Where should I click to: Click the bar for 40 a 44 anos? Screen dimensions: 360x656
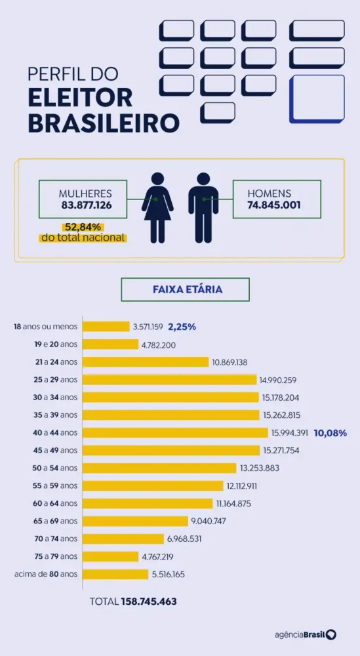[175, 432]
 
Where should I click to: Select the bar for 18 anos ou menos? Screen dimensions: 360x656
[106, 326]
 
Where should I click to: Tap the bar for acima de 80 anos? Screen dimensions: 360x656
[115, 574]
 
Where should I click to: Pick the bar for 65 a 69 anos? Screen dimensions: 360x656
[136, 522]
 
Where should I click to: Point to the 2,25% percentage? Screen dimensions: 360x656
[182, 327]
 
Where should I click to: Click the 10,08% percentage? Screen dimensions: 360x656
[330, 433]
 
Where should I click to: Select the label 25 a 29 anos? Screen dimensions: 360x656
[55, 379]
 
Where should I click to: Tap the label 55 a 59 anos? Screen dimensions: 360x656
[55, 485]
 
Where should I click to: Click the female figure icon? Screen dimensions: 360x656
[157, 208]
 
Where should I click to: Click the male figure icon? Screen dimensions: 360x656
[204, 208]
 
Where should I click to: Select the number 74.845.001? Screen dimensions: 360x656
[274, 205]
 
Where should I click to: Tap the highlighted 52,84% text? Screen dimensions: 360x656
[83, 228]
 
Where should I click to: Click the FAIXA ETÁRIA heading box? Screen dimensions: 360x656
[185, 289]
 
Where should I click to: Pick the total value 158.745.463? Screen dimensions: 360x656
[150, 602]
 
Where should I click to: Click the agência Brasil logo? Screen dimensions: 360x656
[306, 634]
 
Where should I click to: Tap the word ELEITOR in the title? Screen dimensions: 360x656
[80, 98]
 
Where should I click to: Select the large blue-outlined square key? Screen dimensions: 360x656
[317, 99]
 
